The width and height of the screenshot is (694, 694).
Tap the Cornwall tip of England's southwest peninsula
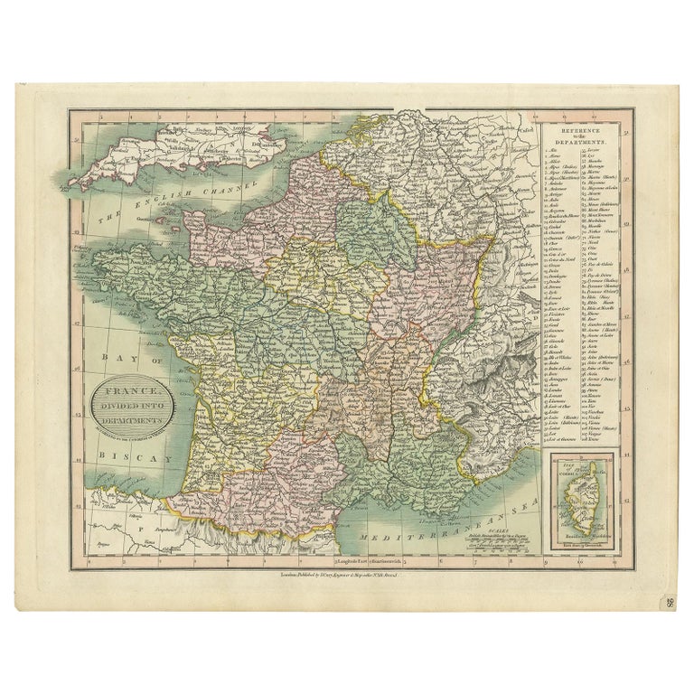click(x=74, y=183)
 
